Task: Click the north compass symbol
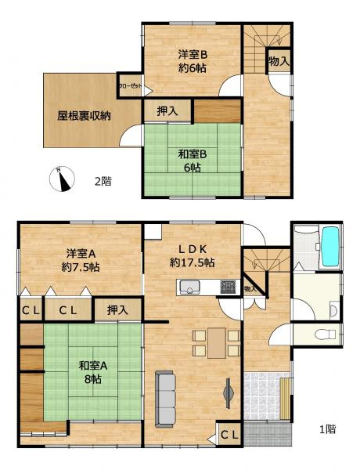pos(62,179)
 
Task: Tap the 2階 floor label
pos(103,181)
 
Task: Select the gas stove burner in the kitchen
pos(228,287)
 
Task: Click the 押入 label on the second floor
pos(167,111)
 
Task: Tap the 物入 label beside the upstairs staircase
pos(279,60)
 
